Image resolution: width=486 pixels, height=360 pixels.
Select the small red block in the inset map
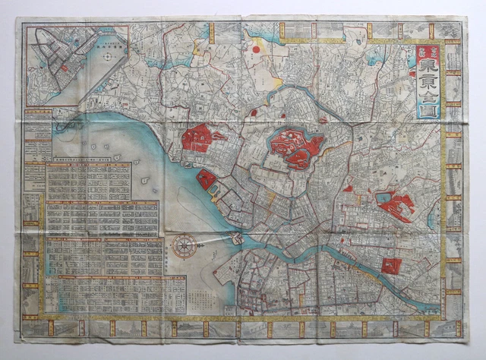pos(65,67)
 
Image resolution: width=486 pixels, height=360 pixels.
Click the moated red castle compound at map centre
pos(296,147)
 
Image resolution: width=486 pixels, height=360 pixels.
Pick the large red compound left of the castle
pos(202,137)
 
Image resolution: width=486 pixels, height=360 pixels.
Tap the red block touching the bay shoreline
pos(207,180)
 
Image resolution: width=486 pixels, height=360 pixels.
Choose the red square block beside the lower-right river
pos(391,265)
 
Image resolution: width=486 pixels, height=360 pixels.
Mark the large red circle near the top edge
pos(256,49)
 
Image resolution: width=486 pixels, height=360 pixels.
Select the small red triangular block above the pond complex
pos(348,188)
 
